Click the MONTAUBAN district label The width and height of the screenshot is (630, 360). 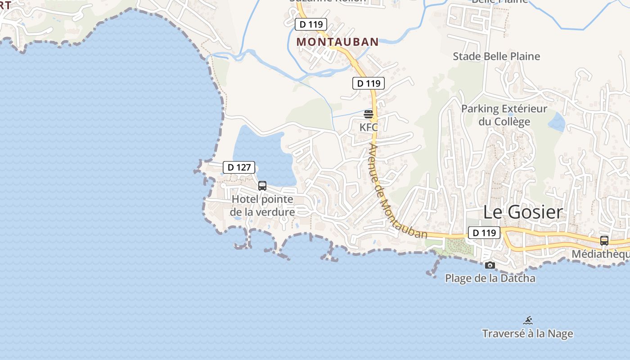(x=337, y=42)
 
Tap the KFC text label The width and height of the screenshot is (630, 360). (x=369, y=127)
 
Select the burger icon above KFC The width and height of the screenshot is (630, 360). (x=369, y=114)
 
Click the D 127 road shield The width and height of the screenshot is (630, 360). (x=239, y=167)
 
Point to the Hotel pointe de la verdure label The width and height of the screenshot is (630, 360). (x=262, y=206)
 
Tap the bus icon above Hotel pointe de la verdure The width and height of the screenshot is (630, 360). (x=262, y=185)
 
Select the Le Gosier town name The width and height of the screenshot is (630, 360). (x=523, y=212)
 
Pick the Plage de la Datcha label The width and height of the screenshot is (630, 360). (x=490, y=278)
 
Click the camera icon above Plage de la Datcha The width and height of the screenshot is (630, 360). (x=490, y=265)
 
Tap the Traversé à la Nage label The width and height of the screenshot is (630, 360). (x=527, y=333)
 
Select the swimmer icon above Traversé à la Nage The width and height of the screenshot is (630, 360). (x=528, y=320)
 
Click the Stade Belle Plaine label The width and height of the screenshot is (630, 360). (x=496, y=56)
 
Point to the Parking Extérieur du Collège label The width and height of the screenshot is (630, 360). (x=504, y=115)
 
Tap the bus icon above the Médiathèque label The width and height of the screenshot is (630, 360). (x=604, y=241)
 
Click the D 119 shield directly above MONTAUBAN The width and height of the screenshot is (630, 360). (x=311, y=24)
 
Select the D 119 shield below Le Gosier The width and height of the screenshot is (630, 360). (x=484, y=233)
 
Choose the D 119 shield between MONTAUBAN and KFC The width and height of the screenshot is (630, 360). (x=369, y=83)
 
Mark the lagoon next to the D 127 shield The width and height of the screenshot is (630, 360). (x=263, y=153)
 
